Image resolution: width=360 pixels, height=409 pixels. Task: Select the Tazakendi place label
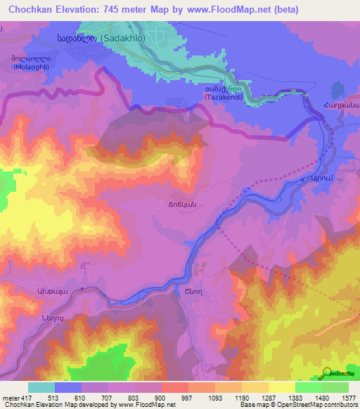click(224, 94)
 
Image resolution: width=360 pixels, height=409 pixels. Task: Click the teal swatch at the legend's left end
click(41, 387)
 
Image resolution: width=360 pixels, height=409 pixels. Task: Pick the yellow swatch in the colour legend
click(281, 387)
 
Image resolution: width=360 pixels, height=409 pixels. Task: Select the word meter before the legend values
click(9, 398)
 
